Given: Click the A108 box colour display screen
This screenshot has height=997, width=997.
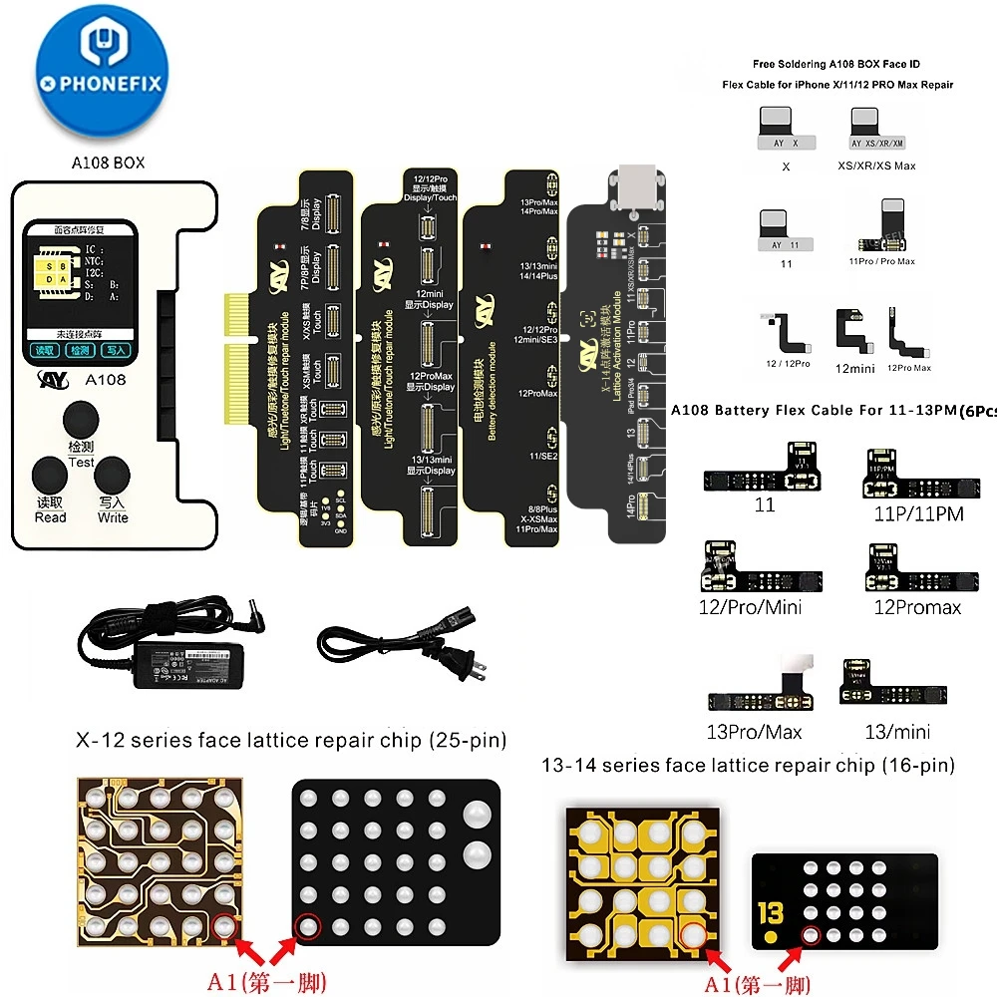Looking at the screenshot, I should tap(81, 290).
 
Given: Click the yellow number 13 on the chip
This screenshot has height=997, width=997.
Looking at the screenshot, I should tap(769, 915).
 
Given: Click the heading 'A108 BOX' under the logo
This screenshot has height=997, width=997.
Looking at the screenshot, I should tap(109, 163).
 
